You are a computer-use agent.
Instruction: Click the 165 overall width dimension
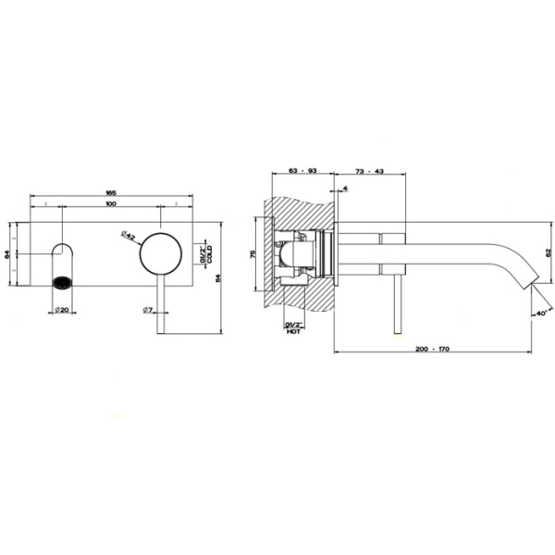click(x=111, y=191)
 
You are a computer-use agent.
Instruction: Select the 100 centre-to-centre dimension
click(x=111, y=203)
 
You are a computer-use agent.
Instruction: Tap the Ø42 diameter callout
click(x=129, y=237)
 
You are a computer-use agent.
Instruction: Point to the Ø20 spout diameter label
click(x=62, y=309)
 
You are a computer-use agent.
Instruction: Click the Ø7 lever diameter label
click(x=148, y=309)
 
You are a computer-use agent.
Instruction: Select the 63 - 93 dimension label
click(x=302, y=171)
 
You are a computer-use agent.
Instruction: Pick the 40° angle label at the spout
click(x=541, y=313)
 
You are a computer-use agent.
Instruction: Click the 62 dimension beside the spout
click(x=547, y=250)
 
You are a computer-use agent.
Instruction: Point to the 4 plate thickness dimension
click(x=345, y=190)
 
